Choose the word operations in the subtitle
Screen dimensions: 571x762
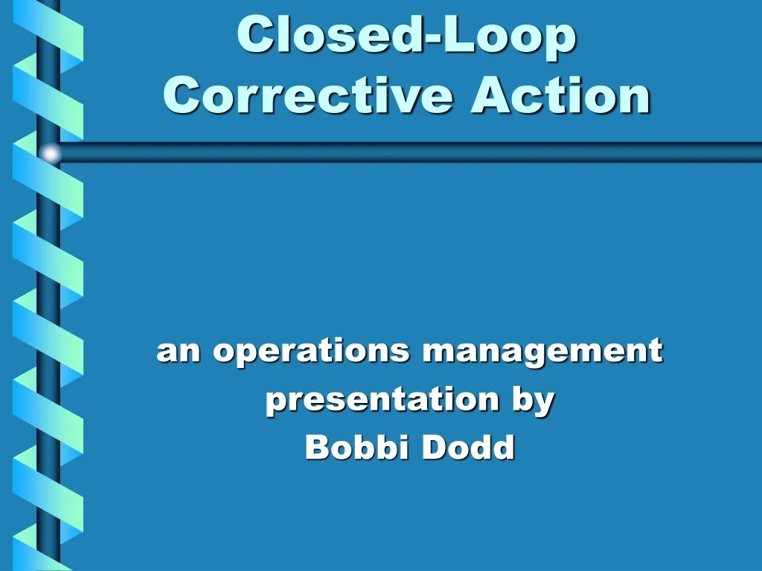click(x=311, y=351)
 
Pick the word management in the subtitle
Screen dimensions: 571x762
click(x=542, y=351)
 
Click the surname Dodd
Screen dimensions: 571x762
click(x=468, y=448)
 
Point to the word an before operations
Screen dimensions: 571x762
click(x=179, y=352)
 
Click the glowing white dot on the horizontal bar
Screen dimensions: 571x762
click(x=51, y=153)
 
